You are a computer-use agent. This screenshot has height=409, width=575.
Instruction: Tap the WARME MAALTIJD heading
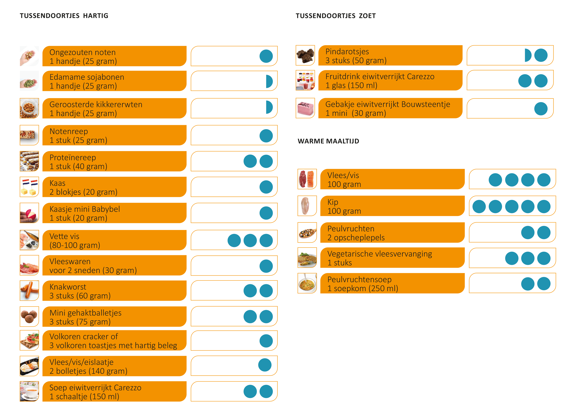(328, 141)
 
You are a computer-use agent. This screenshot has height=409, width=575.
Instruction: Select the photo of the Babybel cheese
(29, 213)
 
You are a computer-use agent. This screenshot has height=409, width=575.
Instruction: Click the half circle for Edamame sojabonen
(269, 81)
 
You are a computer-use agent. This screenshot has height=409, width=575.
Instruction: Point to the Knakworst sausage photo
(29, 291)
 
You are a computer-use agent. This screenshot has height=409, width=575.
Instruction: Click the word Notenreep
(69, 131)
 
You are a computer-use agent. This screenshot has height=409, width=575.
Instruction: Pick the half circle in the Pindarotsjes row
(527, 55)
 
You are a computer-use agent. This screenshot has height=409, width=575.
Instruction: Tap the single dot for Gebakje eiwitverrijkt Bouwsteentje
(540, 109)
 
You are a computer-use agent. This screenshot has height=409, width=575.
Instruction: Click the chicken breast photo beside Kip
(307, 206)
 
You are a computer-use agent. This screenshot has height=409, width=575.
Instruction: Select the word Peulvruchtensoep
(359, 279)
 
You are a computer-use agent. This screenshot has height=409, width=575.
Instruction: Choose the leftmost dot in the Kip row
(479, 207)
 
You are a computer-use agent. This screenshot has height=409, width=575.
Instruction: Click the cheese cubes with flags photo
(29, 187)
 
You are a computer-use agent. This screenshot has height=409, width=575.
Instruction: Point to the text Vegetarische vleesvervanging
(379, 254)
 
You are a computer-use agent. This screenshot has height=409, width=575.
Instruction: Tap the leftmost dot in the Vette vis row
(234, 240)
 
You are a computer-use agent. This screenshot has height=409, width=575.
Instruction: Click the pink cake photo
(305, 108)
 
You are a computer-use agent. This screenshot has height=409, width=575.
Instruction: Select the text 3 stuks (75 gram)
(80, 322)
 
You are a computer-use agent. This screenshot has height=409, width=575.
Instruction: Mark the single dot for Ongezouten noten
(266, 56)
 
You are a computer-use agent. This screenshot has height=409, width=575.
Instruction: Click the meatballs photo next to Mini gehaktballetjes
(29, 316)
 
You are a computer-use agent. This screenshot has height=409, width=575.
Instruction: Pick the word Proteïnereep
(73, 157)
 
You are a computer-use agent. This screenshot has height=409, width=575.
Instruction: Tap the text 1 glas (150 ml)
(351, 85)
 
